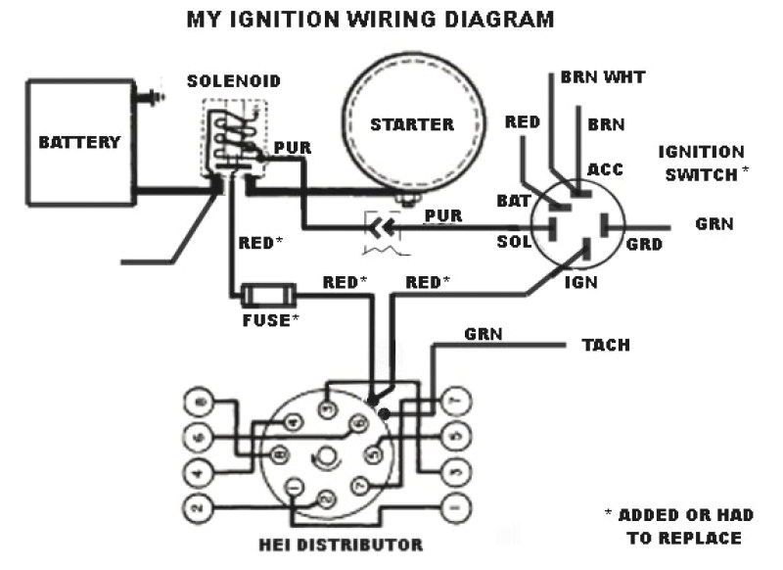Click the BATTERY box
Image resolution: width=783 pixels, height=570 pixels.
(79, 141)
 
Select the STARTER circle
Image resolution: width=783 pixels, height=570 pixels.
(411, 124)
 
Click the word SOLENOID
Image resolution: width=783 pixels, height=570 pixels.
(234, 80)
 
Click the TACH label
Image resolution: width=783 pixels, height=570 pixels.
(606, 346)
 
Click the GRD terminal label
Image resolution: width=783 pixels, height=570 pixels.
(644, 243)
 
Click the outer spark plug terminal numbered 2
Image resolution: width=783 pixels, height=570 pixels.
(197, 507)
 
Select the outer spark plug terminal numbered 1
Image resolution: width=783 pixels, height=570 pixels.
(452, 508)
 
